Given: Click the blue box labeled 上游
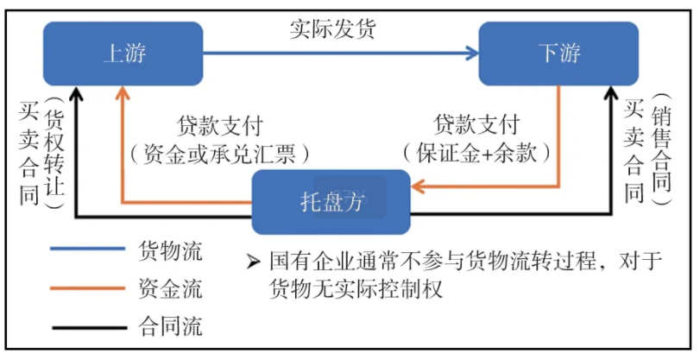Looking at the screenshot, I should click(123, 54).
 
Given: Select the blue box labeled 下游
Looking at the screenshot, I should click(558, 54).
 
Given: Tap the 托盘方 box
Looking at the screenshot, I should click(331, 202).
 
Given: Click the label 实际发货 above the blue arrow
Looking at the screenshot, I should click(332, 28).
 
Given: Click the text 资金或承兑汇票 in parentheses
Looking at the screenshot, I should click(219, 154).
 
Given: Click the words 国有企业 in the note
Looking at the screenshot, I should click(300, 261).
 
